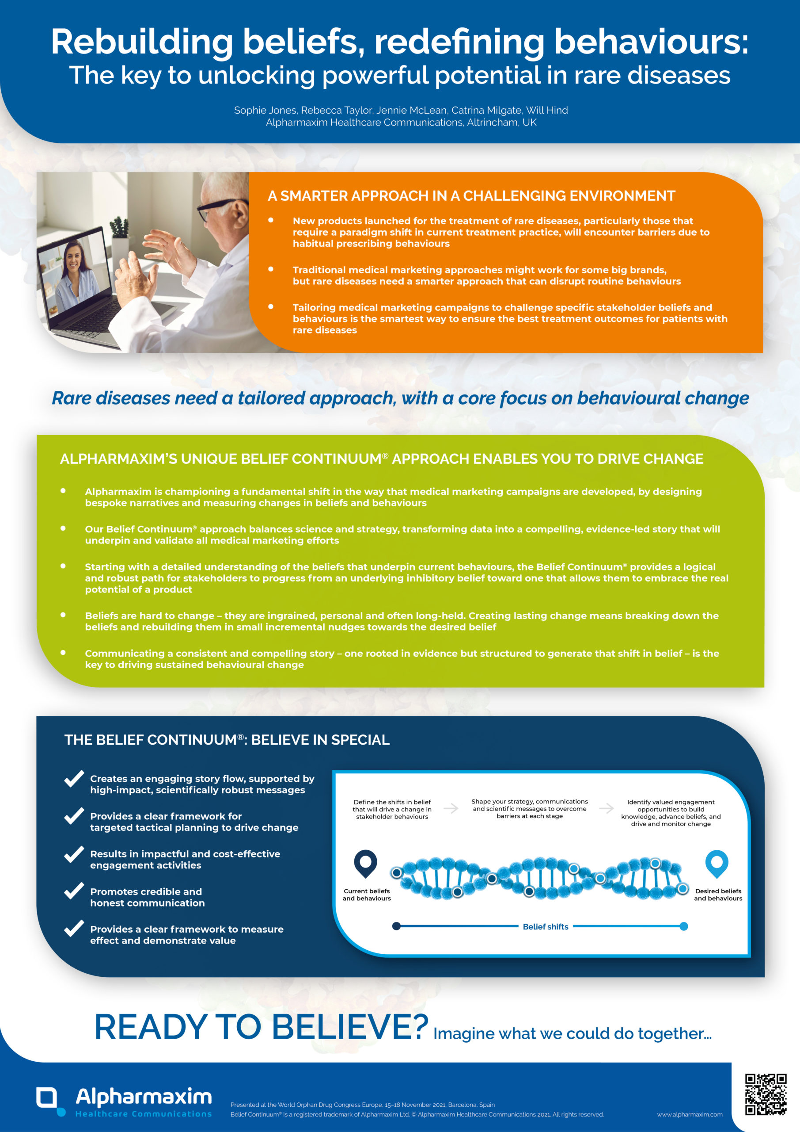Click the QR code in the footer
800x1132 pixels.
(x=766, y=1094)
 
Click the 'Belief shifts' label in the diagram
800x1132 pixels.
(x=545, y=926)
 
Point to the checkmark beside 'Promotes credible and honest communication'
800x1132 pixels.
(x=74, y=891)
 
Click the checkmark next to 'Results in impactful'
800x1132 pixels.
(x=74, y=854)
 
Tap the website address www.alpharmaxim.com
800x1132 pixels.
(x=690, y=1114)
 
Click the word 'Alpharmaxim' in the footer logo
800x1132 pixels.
(x=144, y=1096)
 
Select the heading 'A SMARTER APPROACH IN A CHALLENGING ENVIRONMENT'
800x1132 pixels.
(x=471, y=196)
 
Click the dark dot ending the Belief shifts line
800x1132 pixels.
(x=396, y=926)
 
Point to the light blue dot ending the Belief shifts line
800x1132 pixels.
(x=684, y=926)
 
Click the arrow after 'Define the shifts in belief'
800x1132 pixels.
(x=451, y=808)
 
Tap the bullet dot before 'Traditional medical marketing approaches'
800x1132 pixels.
(x=270, y=269)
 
